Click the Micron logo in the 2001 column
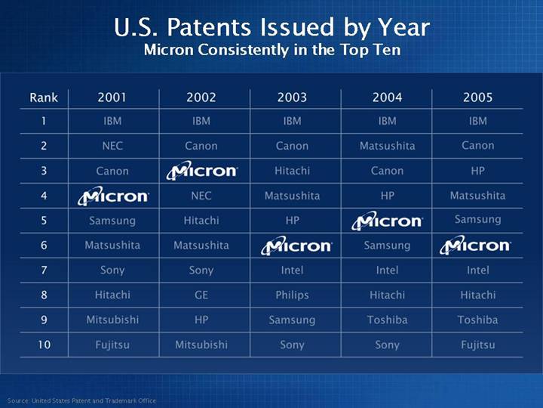(x=114, y=196)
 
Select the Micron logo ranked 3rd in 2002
(x=202, y=171)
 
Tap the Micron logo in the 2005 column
(x=475, y=246)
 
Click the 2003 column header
(x=292, y=97)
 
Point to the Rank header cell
(x=44, y=97)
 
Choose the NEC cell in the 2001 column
(x=112, y=146)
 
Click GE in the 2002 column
(x=201, y=295)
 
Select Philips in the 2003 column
(x=292, y=295)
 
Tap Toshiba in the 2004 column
(x=387, y=320)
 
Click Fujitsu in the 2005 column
(x=478, y=345)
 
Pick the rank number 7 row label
(x=44, y=270)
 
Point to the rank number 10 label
(x=44, y=345)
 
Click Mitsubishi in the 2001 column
(x=112, y=320)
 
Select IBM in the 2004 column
(x=387, y=121)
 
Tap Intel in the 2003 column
(x=292, y=270)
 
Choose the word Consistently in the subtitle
(x=244, y=50)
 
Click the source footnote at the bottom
(x=81, y=400)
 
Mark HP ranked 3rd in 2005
(x=478, y=171)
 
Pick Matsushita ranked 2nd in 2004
(x=387, y=146)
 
